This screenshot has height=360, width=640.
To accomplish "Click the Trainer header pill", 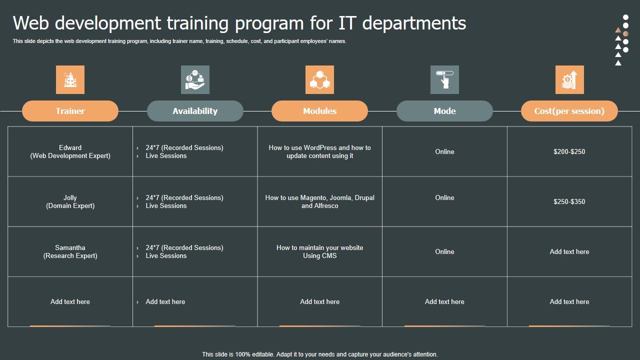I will click(70, 111).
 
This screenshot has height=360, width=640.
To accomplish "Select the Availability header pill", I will click(195, 111).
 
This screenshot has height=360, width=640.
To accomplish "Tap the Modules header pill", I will click(319, 111).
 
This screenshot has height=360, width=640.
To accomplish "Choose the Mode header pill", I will click(444, 111).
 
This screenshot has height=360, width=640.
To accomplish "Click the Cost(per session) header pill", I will click(569, 111).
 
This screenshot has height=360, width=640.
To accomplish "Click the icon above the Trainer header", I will click(70, 79).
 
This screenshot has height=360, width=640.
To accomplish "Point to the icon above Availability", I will click(195, 79).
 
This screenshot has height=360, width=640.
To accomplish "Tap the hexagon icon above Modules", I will click(319, 79).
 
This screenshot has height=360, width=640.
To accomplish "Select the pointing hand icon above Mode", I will click(444, 79).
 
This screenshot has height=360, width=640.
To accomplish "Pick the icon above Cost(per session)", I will click(569, 79).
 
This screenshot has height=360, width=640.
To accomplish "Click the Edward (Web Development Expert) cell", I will click(70, 151).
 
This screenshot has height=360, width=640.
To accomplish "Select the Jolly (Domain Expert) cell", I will click(70, 201).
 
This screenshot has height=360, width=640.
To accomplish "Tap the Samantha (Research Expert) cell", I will click(70, 251).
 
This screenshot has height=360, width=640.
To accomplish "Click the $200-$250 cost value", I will click(569, 151).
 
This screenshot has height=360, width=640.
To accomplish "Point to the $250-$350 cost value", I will click(569, 201).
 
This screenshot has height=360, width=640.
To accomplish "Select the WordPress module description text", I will click(319, 151).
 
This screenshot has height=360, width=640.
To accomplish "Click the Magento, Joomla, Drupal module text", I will click(319, 201).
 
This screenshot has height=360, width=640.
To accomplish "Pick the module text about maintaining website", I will click(319, 251).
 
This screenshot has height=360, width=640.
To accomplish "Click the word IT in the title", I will click(347, 23).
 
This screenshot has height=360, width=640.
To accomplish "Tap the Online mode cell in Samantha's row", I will click(444, 251).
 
